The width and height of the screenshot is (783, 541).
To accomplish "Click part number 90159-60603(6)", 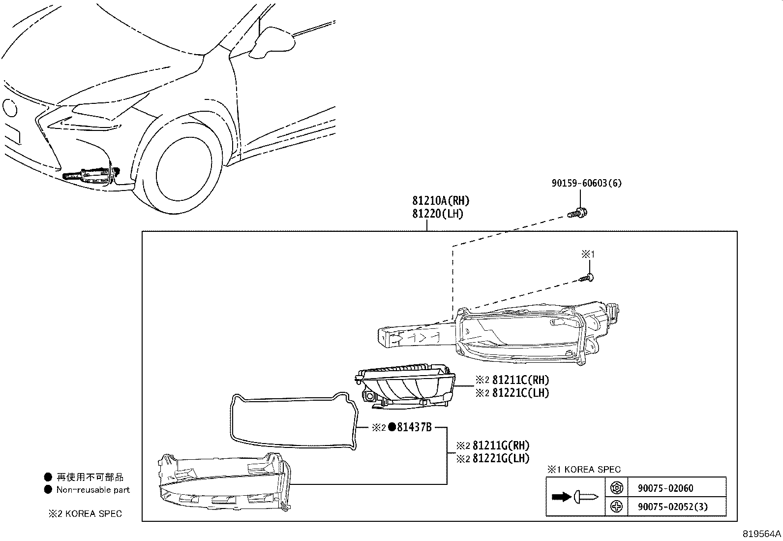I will pos(586,183).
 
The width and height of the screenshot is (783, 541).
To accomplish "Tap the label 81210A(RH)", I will pos(441,201).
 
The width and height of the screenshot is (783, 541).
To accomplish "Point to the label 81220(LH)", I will pos(438,214).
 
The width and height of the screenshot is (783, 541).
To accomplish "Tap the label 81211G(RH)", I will pos(501,446).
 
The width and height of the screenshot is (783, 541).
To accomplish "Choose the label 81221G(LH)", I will pos(501,458).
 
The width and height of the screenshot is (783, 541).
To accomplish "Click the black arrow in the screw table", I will pos(561,497).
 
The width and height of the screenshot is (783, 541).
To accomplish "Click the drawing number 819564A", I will pos(762,534).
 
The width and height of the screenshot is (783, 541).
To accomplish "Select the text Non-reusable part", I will pos(93,490).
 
